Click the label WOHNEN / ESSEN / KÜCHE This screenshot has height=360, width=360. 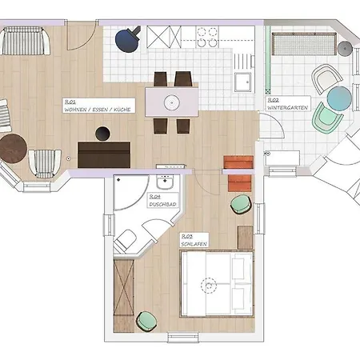click(x=98, y=106)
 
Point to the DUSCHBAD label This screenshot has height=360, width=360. click(x=158, y=203)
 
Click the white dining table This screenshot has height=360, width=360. click(x=172, y=102)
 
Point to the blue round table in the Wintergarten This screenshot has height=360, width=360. click(x=338, y=99)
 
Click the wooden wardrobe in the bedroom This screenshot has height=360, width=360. click(x=124, y=287)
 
